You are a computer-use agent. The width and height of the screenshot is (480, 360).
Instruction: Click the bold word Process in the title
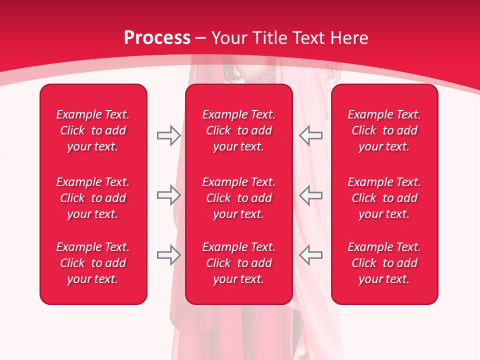point(157,38)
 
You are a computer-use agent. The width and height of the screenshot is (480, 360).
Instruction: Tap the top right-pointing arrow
point(168,135)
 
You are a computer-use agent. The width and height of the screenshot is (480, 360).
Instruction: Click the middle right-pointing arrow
point(168,195)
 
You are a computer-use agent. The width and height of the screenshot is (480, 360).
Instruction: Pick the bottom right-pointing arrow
point(168,255)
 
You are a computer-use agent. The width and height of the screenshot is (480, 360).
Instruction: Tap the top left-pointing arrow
point(311,135)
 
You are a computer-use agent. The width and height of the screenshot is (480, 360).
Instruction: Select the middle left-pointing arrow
point(311,195)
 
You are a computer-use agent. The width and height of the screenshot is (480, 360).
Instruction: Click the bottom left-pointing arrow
point(311,255)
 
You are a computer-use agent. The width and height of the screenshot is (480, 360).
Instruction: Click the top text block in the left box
point(93,130)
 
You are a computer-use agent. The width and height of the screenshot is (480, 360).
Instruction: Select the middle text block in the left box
point(93,198)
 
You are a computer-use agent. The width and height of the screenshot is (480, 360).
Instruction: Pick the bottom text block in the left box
point(93,263)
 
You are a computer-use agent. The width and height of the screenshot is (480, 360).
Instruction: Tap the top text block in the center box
point(238,130)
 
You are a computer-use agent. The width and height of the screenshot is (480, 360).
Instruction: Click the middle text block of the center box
point(238,198)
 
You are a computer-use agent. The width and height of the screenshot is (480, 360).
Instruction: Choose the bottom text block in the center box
point(238,263)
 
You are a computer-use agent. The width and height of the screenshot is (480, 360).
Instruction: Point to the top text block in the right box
point(384,130)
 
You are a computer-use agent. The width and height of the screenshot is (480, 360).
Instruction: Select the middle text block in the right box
point(384,198)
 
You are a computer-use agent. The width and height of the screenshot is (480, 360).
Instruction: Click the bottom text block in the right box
point(384,263)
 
